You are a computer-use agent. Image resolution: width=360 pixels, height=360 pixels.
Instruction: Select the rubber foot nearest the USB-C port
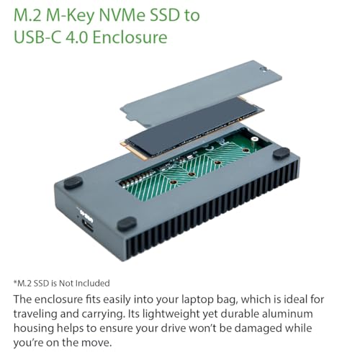[x=127, y=225]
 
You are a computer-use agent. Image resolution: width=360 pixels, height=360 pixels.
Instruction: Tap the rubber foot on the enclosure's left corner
[x=72, y=183]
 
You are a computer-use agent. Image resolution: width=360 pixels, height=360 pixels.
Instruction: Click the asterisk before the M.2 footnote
[x=15, y=282]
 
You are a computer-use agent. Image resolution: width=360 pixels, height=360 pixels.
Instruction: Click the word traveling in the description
[x=37, y=312]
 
